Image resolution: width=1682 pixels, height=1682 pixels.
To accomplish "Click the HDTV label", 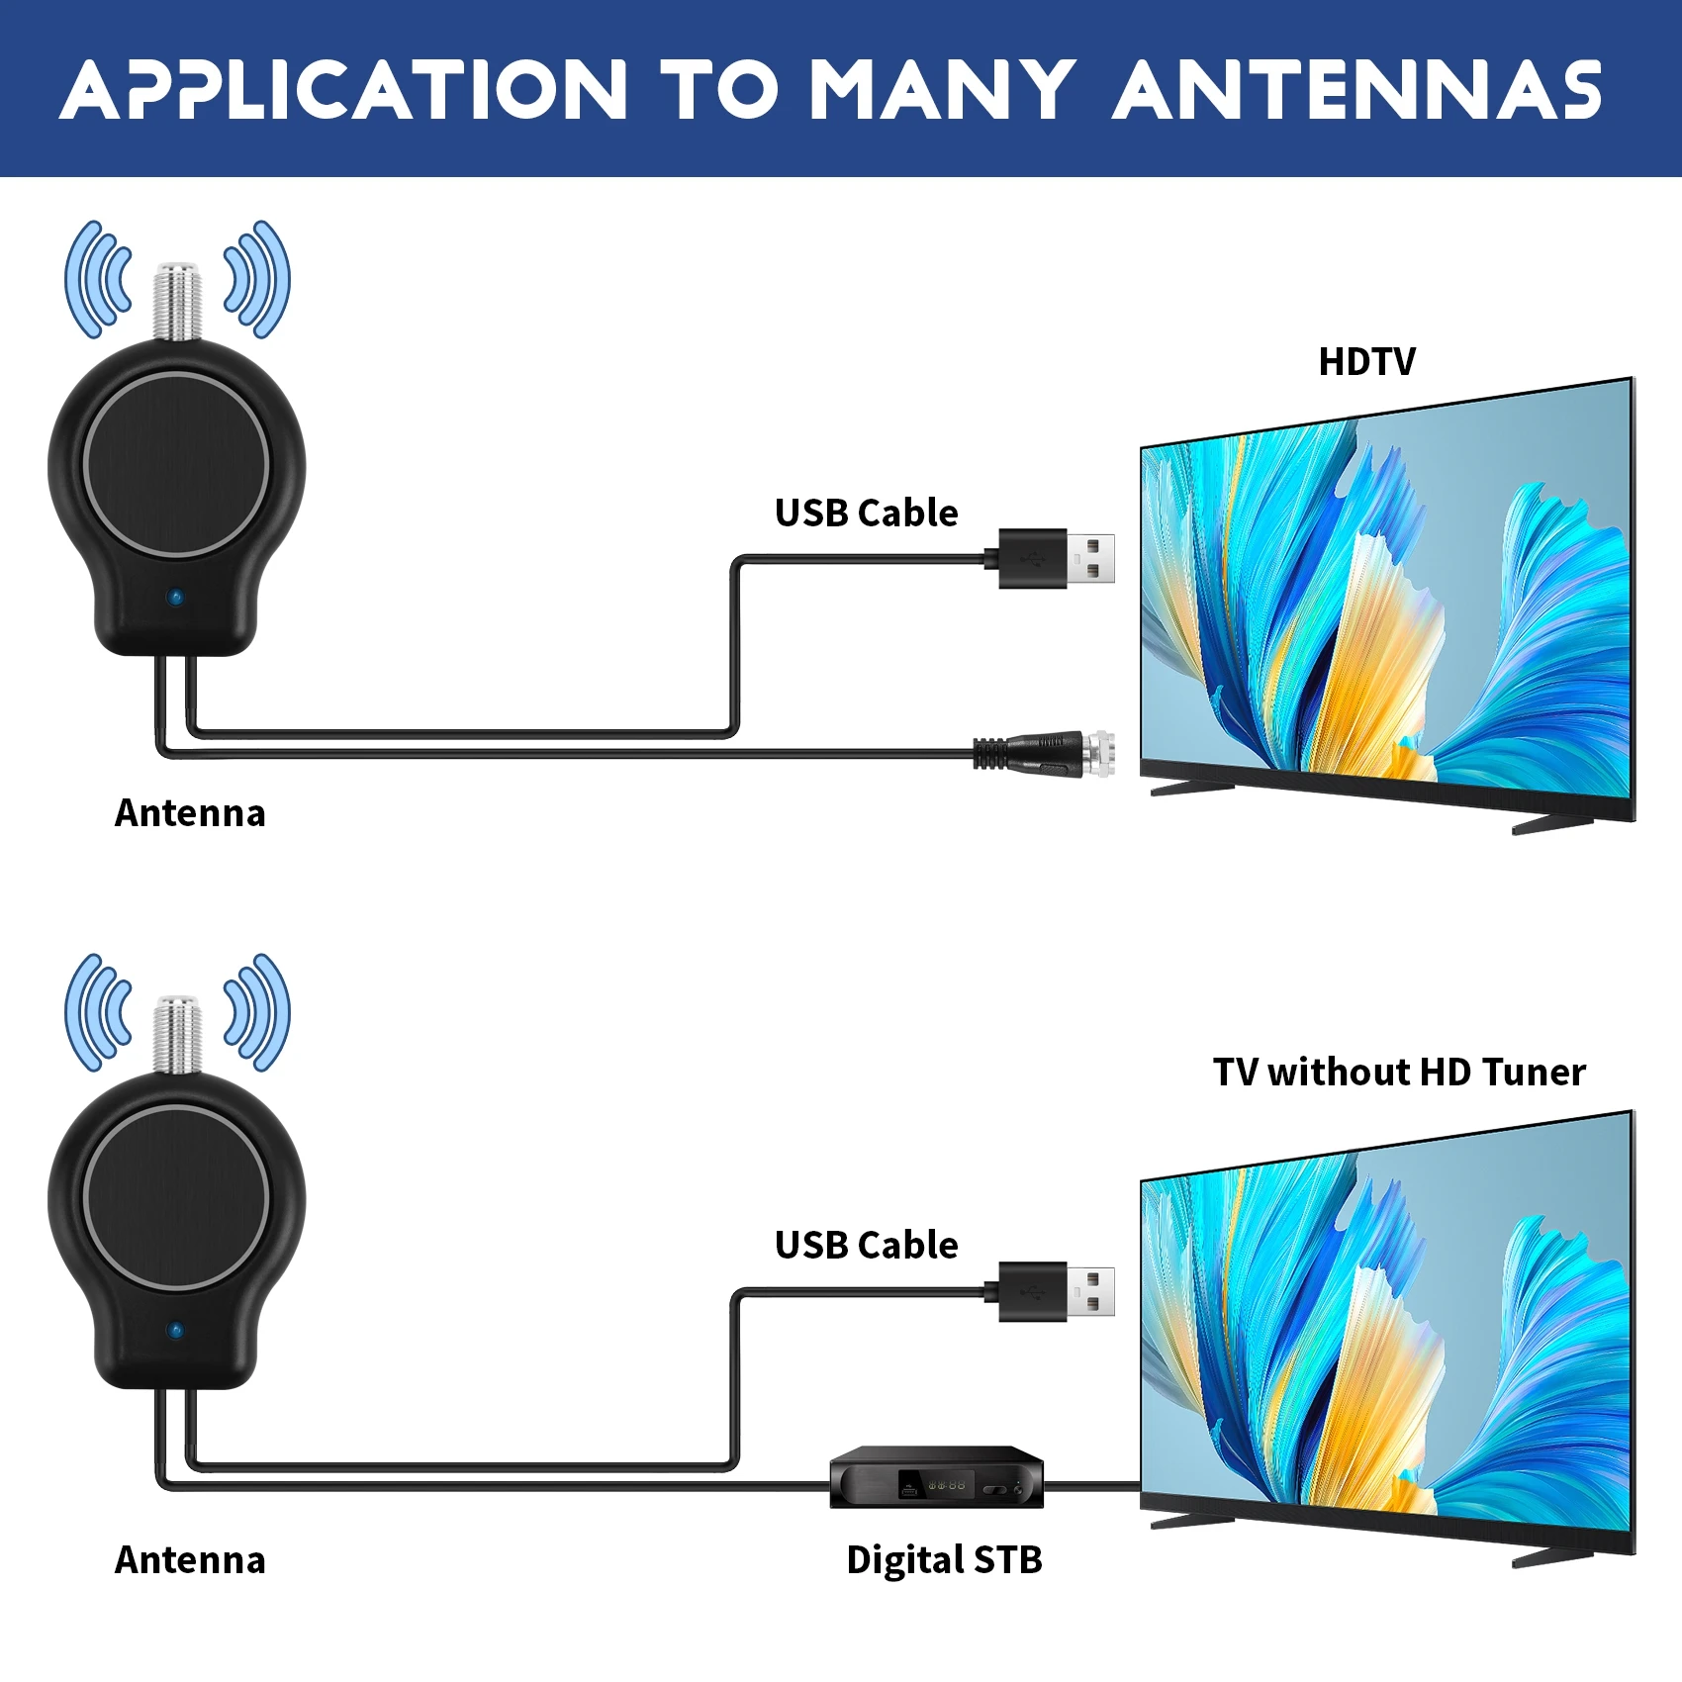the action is click(1366, 362).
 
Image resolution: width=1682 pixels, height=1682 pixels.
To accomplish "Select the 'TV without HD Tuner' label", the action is click(1399, 1073).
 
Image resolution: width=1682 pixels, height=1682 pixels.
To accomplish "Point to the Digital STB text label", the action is click(945, 1560).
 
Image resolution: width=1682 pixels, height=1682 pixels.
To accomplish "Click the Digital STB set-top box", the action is click(936, 1477).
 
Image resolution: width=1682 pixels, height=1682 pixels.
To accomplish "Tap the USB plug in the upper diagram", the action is click(1056, 559).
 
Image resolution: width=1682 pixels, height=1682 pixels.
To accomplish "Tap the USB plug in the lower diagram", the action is click(1056, 1292).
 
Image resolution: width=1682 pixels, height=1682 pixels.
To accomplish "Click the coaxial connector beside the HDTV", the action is click(1045, 753).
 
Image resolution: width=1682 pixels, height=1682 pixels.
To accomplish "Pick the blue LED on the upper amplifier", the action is click(176, 599).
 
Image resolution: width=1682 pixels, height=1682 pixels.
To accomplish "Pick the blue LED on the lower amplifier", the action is click(176, 1332).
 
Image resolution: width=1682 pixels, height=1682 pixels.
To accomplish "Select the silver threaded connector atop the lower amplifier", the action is click(177, 1035).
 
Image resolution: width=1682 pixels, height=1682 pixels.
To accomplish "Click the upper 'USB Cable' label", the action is click(867, 514).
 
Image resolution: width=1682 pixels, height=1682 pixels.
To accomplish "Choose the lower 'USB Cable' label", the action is click(867, 1246).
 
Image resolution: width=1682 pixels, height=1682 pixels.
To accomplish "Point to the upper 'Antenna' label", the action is click(190, 813).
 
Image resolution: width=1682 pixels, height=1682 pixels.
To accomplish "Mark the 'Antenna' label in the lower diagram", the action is click(190, 1560).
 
